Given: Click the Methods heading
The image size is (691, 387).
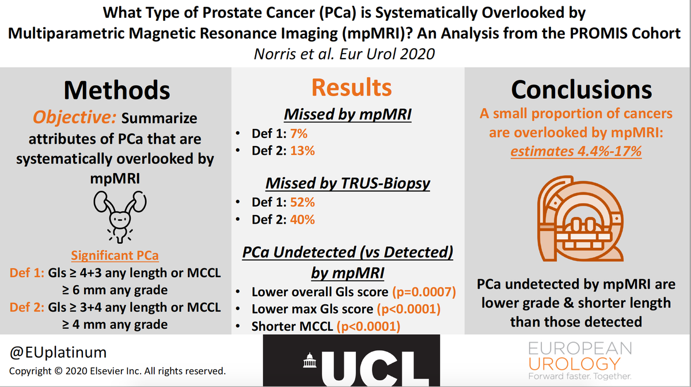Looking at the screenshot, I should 117,90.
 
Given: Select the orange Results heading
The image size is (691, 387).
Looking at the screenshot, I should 351,87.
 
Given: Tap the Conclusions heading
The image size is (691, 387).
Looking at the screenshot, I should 582,90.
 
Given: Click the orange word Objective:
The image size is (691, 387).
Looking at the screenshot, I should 74,118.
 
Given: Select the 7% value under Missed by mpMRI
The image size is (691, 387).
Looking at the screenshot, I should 298,133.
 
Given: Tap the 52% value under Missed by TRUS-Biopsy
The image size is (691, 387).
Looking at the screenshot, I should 302,202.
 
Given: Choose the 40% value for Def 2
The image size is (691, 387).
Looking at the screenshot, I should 302,220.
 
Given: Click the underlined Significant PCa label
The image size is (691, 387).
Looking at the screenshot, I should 115,255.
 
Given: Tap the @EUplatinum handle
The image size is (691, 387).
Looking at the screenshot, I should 58,352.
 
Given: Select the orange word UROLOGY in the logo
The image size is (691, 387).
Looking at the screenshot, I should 574,363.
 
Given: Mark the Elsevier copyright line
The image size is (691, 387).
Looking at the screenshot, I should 117,371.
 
